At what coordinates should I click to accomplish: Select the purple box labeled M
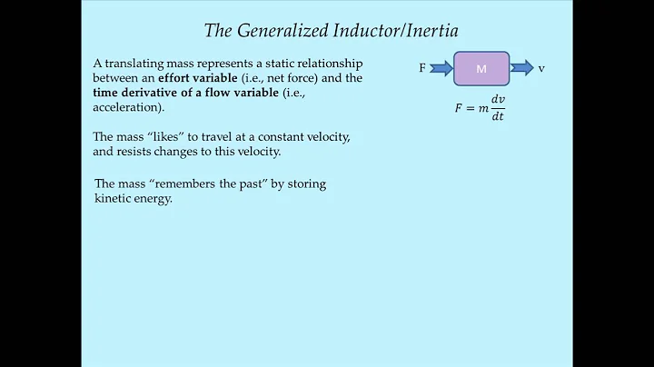(x=481, y=68)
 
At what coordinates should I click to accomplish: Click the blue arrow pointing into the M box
(x=441, y=68)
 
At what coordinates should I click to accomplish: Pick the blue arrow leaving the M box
(x=523, y=68)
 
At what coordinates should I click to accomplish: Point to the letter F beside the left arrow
(x=422, y=68)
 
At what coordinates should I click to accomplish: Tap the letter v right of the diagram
(x=541, y=68)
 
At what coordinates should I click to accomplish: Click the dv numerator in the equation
(x=496, y=100)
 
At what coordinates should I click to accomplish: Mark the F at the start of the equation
(x=459, y=107)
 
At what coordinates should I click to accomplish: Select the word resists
(x=131, y=152)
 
